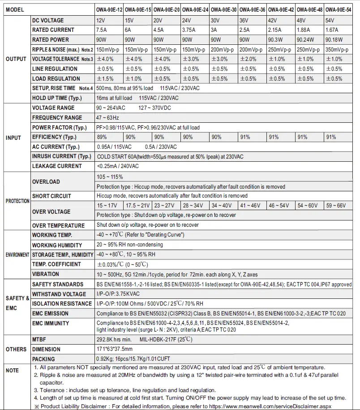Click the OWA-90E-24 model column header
[195, 9]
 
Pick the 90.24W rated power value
[305, 40]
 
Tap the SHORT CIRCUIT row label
[51, 196]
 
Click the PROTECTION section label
[17, 201]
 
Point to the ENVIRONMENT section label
[17, 255]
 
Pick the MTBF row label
[39, 340]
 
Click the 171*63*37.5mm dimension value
[115, 349]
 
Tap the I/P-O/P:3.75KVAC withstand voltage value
[118, 294]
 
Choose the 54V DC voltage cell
[330, 21]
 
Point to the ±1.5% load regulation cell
[106, 79]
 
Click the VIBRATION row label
[45, 274]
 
